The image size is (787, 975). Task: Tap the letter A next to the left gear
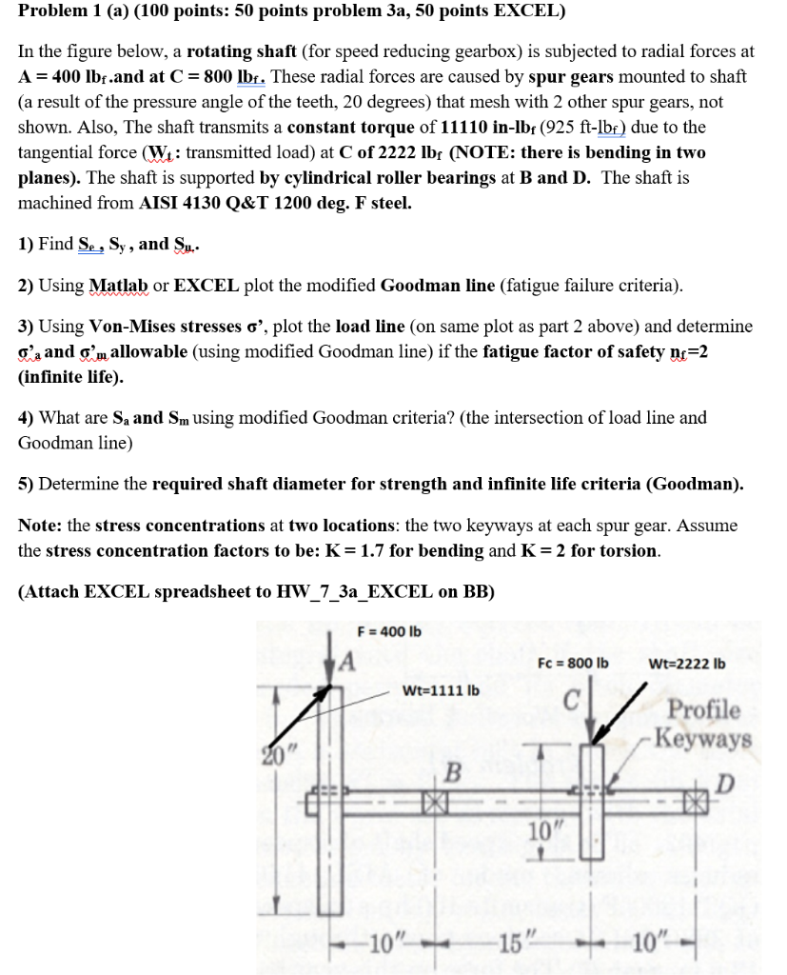347,661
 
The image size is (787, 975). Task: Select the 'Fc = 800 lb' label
572,663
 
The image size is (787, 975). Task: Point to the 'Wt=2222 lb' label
686,663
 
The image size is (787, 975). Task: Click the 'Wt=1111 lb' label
442,688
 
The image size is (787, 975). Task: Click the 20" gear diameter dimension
276,758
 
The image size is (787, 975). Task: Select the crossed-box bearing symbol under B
435,803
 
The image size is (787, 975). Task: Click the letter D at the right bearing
726,784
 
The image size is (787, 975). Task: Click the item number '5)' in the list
27,484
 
